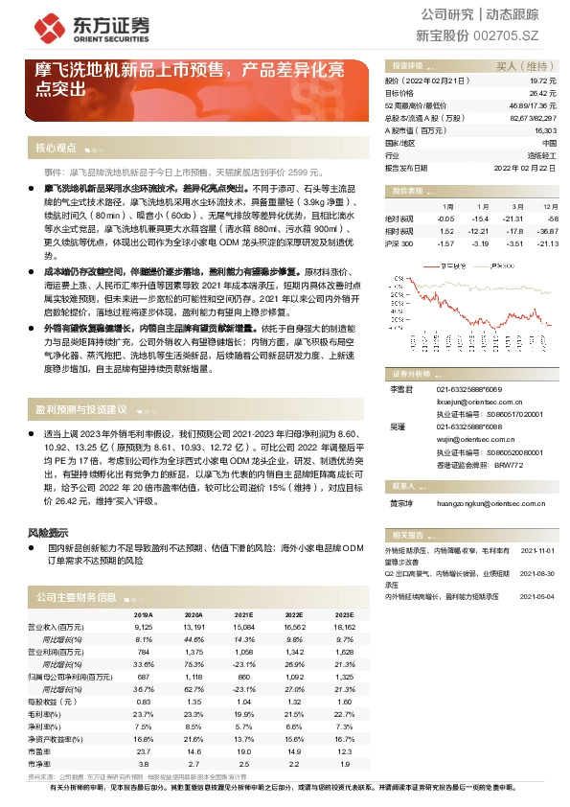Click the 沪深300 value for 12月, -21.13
(547, 243)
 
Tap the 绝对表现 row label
(399, 219)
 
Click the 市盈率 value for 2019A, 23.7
(144, 752)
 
